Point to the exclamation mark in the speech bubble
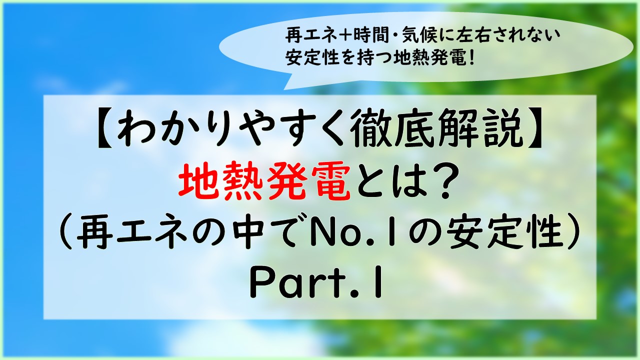471,57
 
